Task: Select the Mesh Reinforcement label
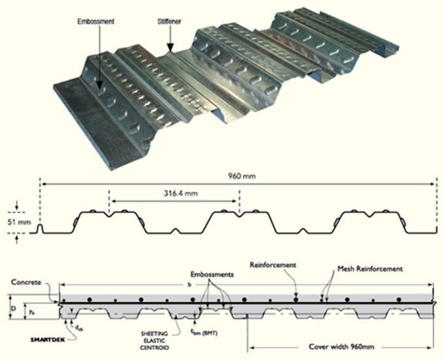[x=369, y=269]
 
